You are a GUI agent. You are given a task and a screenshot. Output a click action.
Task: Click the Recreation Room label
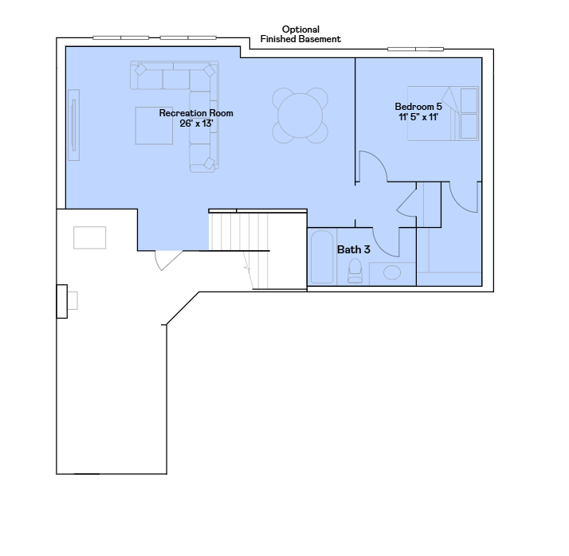pos(196,113)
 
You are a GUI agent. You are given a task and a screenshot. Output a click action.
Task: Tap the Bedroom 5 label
pos(418,107)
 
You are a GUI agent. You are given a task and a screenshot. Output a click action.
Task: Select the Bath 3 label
pos(354,249)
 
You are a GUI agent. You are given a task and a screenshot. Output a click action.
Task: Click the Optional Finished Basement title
pos(300,34)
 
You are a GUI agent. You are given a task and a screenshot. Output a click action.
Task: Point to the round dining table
pos(300,116)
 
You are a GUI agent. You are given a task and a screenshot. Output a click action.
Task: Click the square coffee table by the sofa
pos(154,126)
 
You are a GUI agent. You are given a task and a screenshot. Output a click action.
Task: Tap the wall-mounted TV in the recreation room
pos(73,125)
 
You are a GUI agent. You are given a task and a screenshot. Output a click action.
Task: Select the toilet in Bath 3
pos(355,271)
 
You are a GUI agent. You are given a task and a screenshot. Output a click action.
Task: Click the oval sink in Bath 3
pos(392,272)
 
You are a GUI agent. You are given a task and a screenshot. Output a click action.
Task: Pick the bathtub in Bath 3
pos(322,256)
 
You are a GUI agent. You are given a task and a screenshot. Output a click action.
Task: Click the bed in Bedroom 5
pos(443,113)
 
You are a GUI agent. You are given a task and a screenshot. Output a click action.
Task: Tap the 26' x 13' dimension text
pos(196,123)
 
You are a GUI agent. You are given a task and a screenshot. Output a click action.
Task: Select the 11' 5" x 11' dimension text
pos(418,117)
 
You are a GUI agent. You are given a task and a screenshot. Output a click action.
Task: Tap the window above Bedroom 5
pos(415,49)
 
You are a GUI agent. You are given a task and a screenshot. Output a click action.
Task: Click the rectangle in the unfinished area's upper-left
pos(89,238)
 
